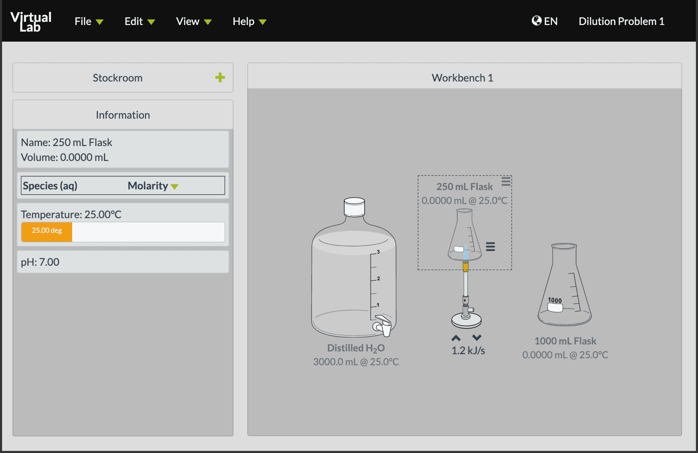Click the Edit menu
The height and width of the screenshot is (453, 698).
click(140, 21)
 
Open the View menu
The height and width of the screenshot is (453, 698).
click(194, 21)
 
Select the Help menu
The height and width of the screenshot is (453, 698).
click(249, 21)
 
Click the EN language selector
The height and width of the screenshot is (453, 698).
click(545, 21)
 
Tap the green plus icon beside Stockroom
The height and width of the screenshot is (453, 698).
click(220, 78)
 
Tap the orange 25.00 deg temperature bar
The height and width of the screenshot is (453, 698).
click(47, 232)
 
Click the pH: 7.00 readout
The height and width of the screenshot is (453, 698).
click(40, 262)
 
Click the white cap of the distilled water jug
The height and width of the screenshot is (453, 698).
click(354, 207)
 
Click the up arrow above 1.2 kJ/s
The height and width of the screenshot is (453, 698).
click(456, 338)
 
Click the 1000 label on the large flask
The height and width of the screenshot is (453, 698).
click(555, 300)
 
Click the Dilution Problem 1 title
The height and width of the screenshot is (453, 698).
click(621, 21)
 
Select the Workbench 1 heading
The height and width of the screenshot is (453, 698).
click(463, 78)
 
